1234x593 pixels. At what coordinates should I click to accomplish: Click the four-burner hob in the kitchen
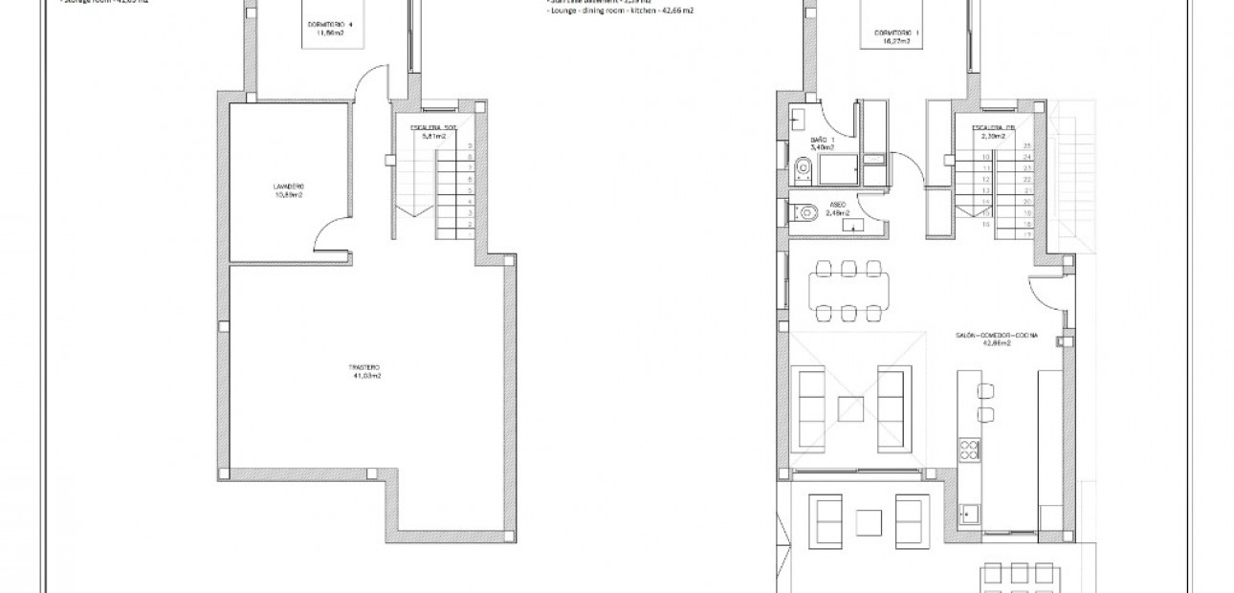pos(968,449)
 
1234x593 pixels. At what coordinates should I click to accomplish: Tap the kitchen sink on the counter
pos(969,511)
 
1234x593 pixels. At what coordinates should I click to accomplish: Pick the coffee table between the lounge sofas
pos(851,408)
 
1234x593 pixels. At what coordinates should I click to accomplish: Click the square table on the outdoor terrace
pos(869,521)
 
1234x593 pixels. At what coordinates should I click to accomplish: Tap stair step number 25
pos(1026,144)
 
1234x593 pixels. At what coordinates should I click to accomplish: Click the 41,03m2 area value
pos(366,376)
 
